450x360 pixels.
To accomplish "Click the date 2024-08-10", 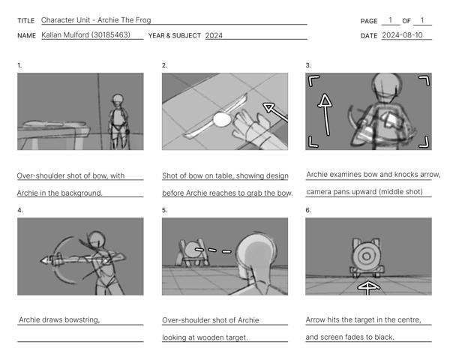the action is pyautogui.click(x=402, y=35).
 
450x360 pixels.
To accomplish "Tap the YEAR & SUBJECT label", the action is pyautogui.click(x=175, y=35).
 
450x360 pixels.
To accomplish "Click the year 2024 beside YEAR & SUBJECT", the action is pyautogui.click(x=214, y=35).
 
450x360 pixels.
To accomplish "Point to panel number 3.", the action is pyautogui.click(x=308, y=65).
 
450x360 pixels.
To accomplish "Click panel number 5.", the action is pyautogui.click(x=164, y=210).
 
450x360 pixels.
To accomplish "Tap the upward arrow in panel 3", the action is pyautogui.click(x=325, y=114).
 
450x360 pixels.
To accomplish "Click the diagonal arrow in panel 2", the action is pyautogui.click(x=275, y=112).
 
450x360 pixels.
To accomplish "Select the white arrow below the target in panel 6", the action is pyautogui.click(x=368, y=288).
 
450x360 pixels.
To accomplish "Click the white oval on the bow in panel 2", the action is pyautogui.click(x=222, y=119).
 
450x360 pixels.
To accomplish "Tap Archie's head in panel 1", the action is pyautogui.click(x=118, y=99).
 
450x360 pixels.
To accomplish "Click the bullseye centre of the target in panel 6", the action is pyautogui.click(x=366, y=256).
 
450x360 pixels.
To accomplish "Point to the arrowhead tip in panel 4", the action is pyautogui.click(x=40, y=261).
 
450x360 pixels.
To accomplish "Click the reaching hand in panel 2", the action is pyautogui.click(x=250, y=125).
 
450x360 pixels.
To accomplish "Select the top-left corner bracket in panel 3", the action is pyautogui.click(x=313, y=81).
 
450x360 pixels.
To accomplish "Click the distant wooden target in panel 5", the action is pyautogui.click(x=191, y=253).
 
